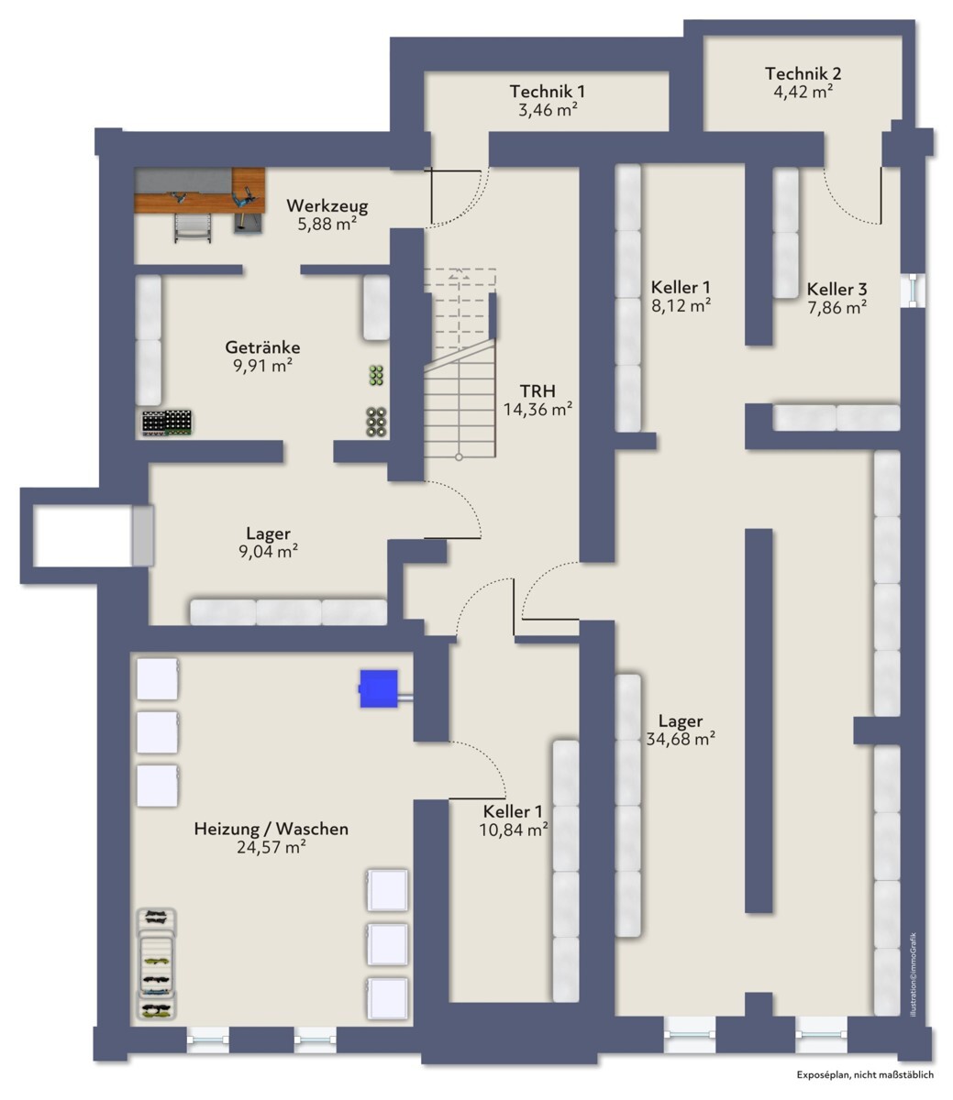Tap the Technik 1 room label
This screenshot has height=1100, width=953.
pyautogui.click(x=548, y=92)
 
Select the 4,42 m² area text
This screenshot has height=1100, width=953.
pyautogui.click(x=803, y=91)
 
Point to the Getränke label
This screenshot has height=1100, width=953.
pyautogui.click(x=262, y=348)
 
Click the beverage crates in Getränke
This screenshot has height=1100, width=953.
pyautogui.click(x=167, y=423)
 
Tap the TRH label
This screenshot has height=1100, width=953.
pyautogui.click(x=537, y=391)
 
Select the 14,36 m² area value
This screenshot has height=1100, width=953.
pyautogui.click(x=537, y=410)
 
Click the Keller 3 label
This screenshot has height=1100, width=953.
pyautogui.click(x=837, y=290)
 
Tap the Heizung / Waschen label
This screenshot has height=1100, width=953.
pyautogui.click(x=271, y=829)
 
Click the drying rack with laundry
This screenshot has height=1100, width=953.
pyautogui.click(x=157, y=963)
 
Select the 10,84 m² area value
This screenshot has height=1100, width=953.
pyautogui.click(x=514, y=830)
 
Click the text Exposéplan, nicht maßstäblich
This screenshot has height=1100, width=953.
pyautogui.click(x=865, y=1074)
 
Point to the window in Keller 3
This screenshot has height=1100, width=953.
pyautogui.click(x=913, y=291)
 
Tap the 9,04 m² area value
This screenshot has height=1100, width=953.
pyautogui.click(x=268, y=551)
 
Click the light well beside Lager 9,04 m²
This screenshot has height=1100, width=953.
pyautogui.click(x=83, y=536)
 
